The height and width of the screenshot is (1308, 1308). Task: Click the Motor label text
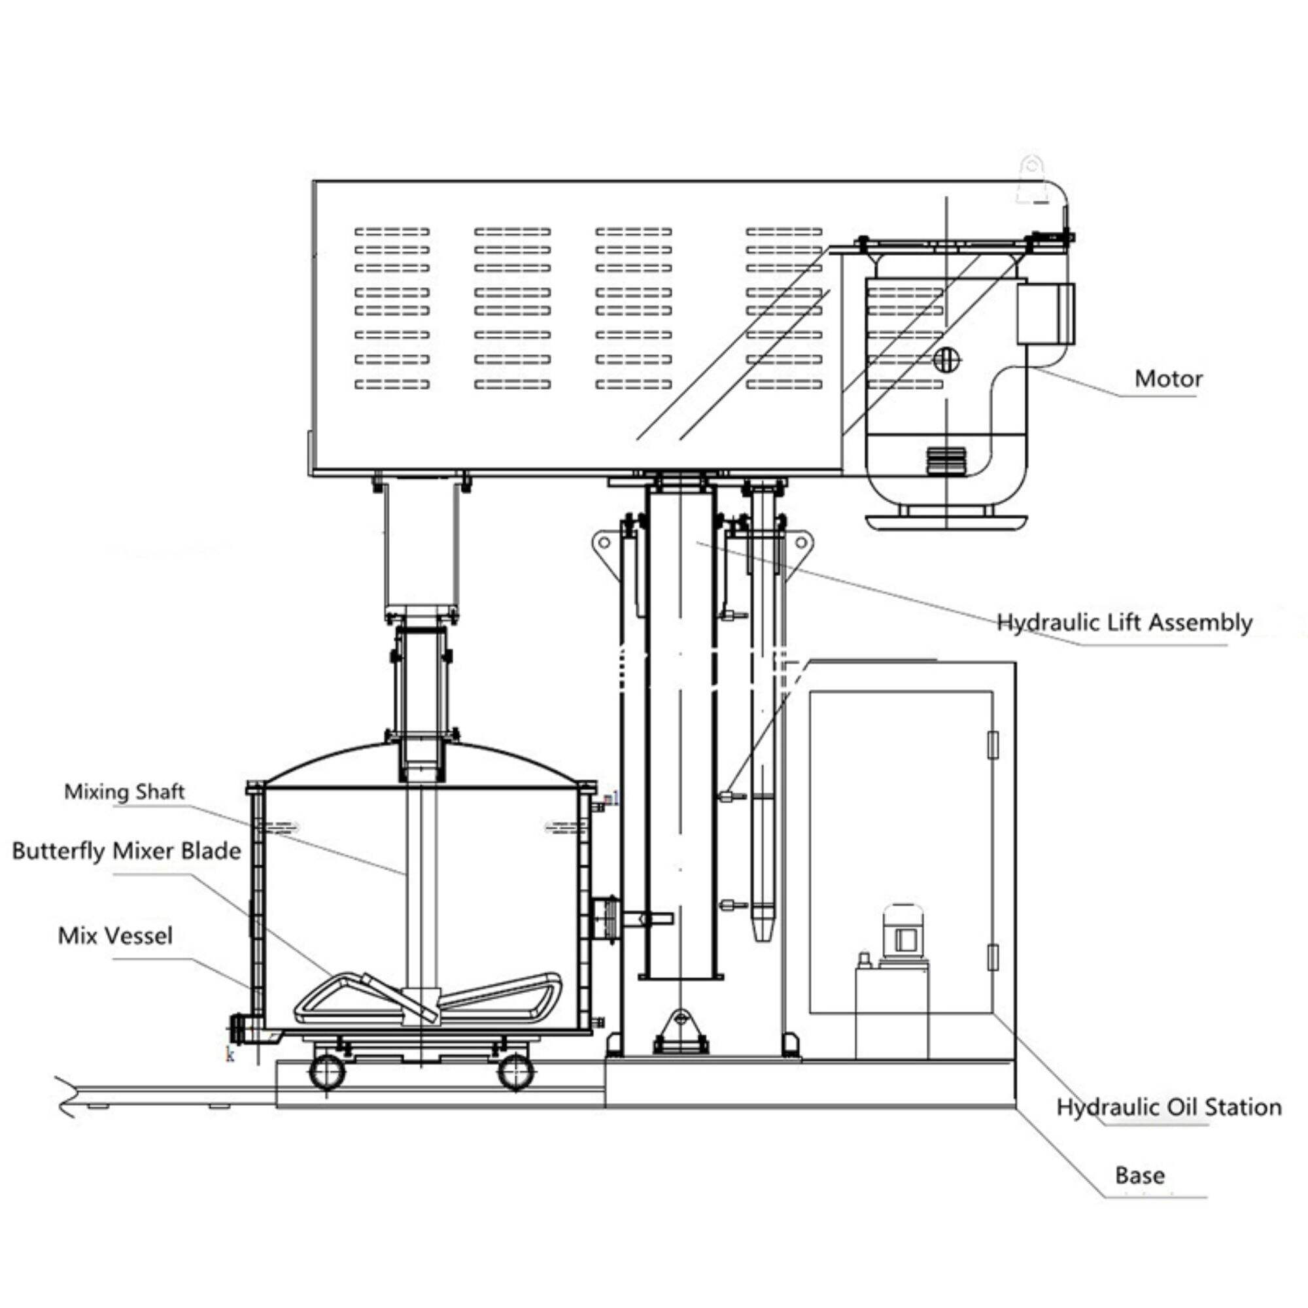[1169, 379]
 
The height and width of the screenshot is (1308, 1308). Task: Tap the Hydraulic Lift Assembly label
[1124, 622]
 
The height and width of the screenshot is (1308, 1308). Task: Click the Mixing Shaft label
[124, 791]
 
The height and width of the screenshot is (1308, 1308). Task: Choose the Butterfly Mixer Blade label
[127, 851]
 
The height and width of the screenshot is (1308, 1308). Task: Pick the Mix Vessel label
[115, 937]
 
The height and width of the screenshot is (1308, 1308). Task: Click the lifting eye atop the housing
[1032, 177]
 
